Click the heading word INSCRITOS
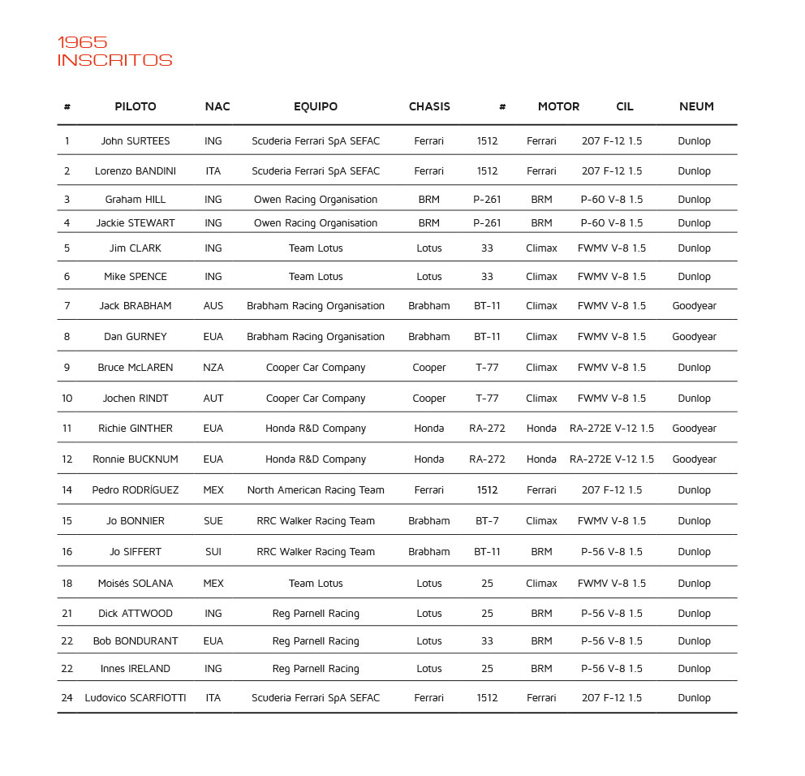[x=114, y=61]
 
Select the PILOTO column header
[x=136, y=106]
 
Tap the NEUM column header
[x=696, y=106]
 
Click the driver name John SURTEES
[x=136, y=141]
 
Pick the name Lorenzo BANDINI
[x=136, y=171]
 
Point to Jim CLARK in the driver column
[x=136, y=248]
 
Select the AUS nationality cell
[x=213, y=306]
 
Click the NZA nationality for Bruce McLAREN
[x=213, y=368]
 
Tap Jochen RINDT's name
[x=136, y=399]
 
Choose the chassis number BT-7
[x=487, y=521]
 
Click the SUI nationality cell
[x=213, y=552]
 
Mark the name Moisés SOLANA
[x=136, y=584]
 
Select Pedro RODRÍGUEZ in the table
[x=136, y=490]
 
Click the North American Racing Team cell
[x=316, y=490]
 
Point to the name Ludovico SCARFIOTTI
[x=136, y=698]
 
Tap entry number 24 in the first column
[x=67, y=698]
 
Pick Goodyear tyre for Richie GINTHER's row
[x=694, y=429]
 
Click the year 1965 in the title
[x=82, y=42]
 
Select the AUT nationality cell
[x=213, y=399]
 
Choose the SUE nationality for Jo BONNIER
[x=213, y=521]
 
